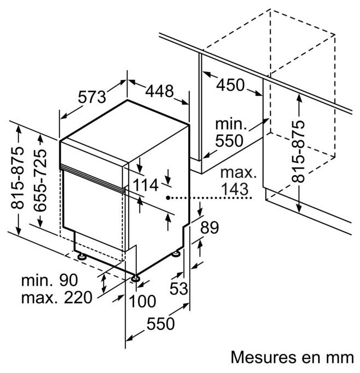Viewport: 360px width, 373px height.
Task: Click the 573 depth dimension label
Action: click(92, 97)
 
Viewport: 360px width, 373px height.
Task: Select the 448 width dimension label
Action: click(159, 90)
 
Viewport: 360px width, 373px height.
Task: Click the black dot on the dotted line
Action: click(169, 198)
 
